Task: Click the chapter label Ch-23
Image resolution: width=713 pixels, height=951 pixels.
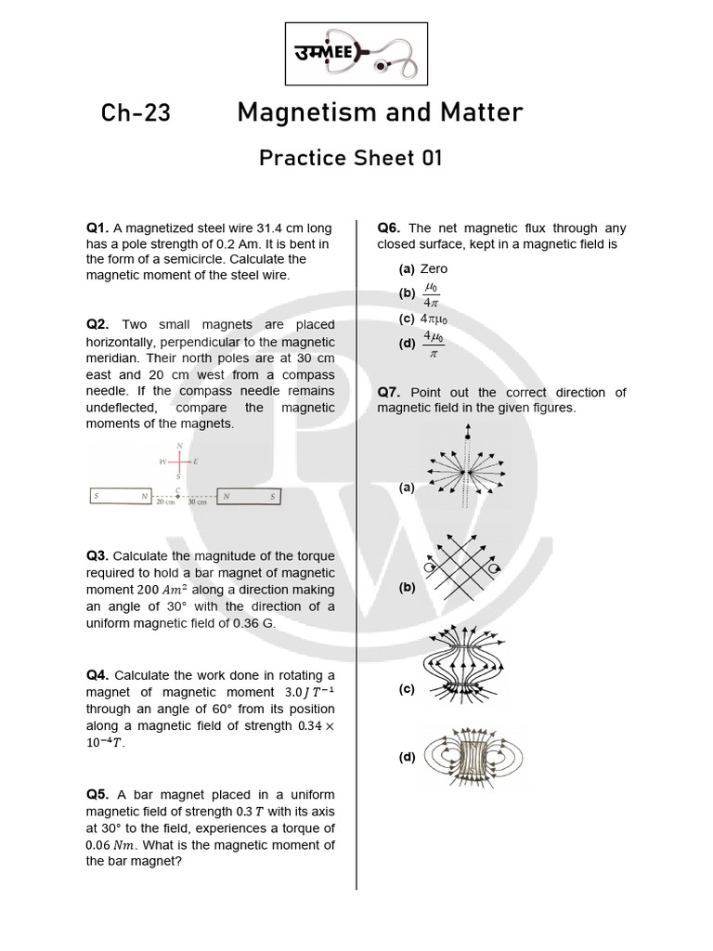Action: click(136, 113)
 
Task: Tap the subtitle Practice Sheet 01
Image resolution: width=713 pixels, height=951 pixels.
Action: click(350, 158)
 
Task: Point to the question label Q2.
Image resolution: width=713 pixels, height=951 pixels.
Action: click(97, 325)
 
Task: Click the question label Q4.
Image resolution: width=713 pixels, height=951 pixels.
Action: click(97, 675)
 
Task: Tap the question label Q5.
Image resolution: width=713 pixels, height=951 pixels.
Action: click(97, 796)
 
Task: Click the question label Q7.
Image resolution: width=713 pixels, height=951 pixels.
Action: click(389, 393)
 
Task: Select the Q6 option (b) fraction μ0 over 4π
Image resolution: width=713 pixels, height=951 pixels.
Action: click(431, 294)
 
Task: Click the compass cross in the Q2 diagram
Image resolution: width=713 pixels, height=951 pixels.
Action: click(178, 462)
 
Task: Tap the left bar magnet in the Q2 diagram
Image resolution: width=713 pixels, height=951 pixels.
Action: click(121, 497)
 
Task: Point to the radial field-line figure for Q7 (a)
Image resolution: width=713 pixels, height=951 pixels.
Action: click(468, 469)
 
